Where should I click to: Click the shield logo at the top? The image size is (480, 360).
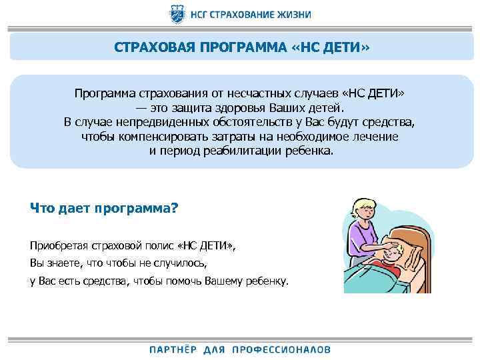[x=178, y=13]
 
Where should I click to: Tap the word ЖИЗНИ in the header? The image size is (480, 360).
[x=291, y=14]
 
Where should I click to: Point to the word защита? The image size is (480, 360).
[x=195, y=107]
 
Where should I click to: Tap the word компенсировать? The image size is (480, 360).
[x=181, y=136]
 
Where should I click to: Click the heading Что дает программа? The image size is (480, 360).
[x=105, y=207]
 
